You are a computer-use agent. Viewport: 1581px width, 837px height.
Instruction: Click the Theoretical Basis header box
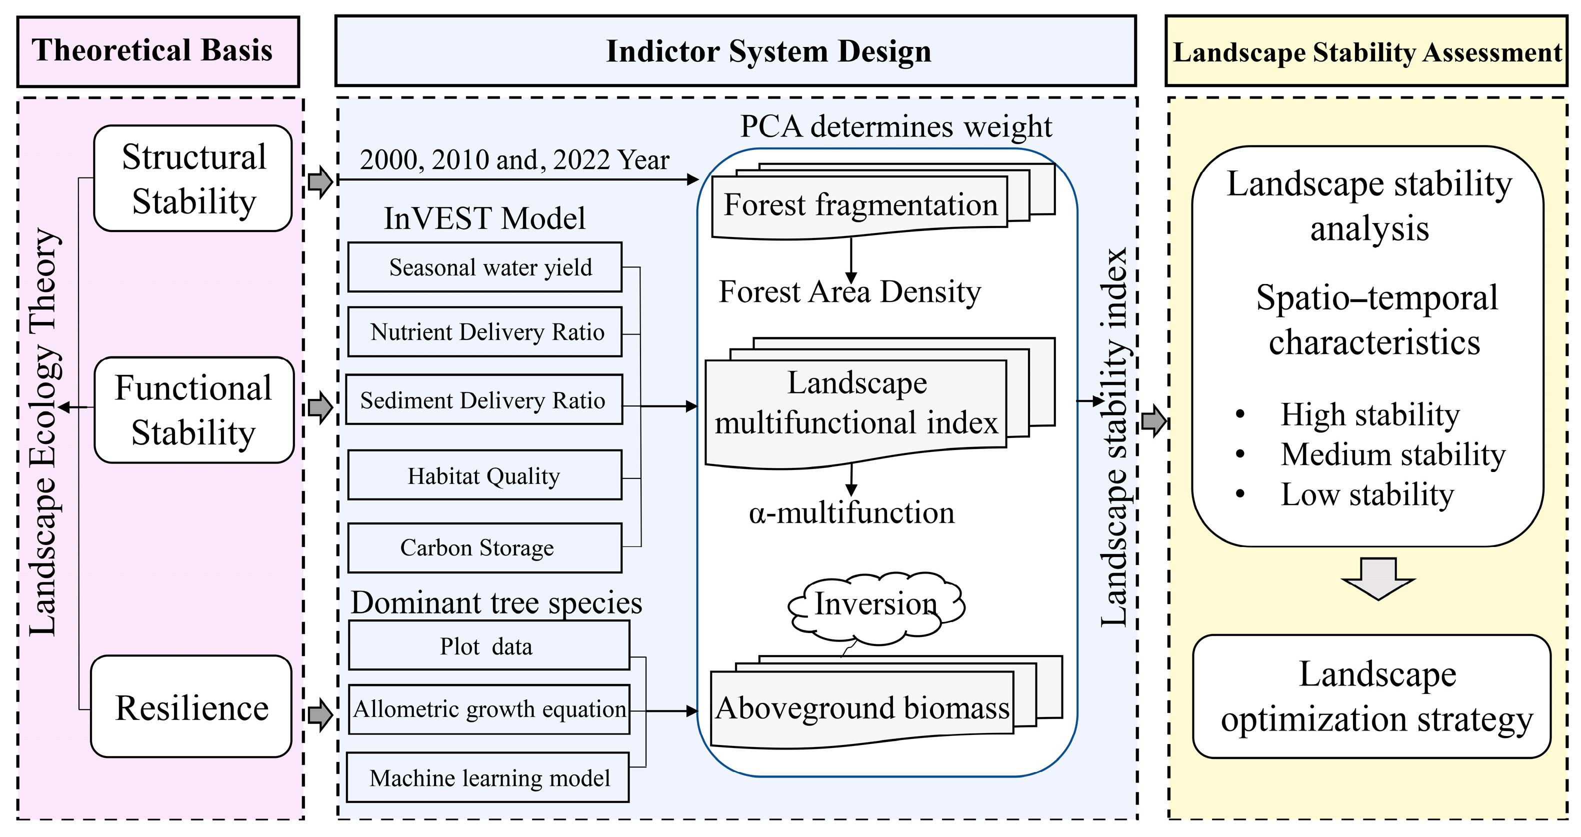pyautogui.click(x=157, y=51)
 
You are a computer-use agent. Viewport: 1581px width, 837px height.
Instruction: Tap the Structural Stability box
pyautogui.click(x=192, y=178)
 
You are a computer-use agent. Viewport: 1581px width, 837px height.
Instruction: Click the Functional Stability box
pyautogui.click(x=194, y=410)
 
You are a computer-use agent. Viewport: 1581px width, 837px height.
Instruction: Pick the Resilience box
pyautogui.click(x=191, y=707)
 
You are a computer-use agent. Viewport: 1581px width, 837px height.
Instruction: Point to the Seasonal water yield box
pyautogui.click(x=485, y=267)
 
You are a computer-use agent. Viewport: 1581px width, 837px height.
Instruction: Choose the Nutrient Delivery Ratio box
pyautogui.click(x=485, y=332)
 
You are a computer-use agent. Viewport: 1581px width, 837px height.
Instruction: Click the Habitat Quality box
pyautogui.click(x=485, y=475)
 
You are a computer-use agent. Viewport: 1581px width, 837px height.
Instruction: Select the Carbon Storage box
pyautogui.click(x=485, y=547)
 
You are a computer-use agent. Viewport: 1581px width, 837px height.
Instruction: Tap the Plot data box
pyautogui.click(x=488, y=645)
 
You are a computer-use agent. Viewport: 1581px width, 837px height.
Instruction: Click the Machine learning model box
pyautogui.click(x=488, y=777)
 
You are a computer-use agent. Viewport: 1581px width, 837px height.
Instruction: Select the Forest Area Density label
pyautogui.click(x=849, y=292)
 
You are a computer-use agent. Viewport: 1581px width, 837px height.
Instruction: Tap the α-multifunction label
pyautogui.click(x=851, y=513)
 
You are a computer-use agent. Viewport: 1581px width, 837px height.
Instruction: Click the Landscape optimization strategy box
pyautogui.click(x=1371, y=696)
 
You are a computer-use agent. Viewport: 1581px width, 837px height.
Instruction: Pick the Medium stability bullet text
pyautogui.click(x=1392, y=454)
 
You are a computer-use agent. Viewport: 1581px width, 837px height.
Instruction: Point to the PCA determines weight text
pyautogui.click(x=895, y=127)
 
